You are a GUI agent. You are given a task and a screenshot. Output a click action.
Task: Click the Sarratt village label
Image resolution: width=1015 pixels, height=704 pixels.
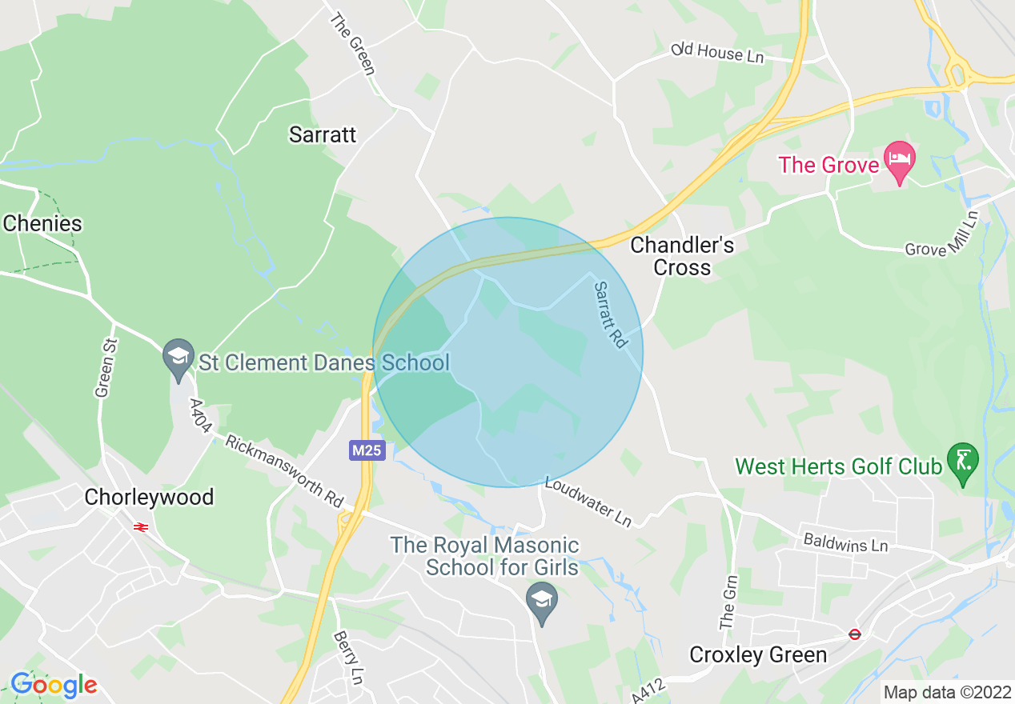[323, 134]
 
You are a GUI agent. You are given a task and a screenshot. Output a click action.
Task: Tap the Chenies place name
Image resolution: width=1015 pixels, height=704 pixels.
[42, 223]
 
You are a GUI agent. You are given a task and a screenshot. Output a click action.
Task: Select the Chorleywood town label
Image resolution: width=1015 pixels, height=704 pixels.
[149, 497]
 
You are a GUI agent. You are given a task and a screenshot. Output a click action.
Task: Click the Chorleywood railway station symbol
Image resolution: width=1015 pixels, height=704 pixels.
[139, 527]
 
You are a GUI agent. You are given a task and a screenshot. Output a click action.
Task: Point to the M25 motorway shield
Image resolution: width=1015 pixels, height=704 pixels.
[367, 450]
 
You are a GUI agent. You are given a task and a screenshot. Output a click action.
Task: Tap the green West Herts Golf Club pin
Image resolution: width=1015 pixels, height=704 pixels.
[962, 462]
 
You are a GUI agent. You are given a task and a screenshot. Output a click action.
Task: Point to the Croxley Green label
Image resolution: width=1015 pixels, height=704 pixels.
[758, 655]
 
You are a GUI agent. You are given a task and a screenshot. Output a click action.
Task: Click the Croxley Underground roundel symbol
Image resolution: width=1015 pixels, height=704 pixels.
[855, 634]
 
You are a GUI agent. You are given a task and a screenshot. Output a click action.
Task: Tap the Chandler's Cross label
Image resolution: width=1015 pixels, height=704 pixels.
[682, 256]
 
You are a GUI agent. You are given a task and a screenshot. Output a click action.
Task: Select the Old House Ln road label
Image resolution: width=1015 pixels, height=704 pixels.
[718, 54]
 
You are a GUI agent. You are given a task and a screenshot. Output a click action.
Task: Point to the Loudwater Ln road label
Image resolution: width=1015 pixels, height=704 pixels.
[588, 502]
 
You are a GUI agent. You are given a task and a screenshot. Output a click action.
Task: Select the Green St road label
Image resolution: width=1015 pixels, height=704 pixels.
[103, 367]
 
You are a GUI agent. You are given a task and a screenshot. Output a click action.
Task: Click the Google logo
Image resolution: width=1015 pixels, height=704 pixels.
[54, 685]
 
